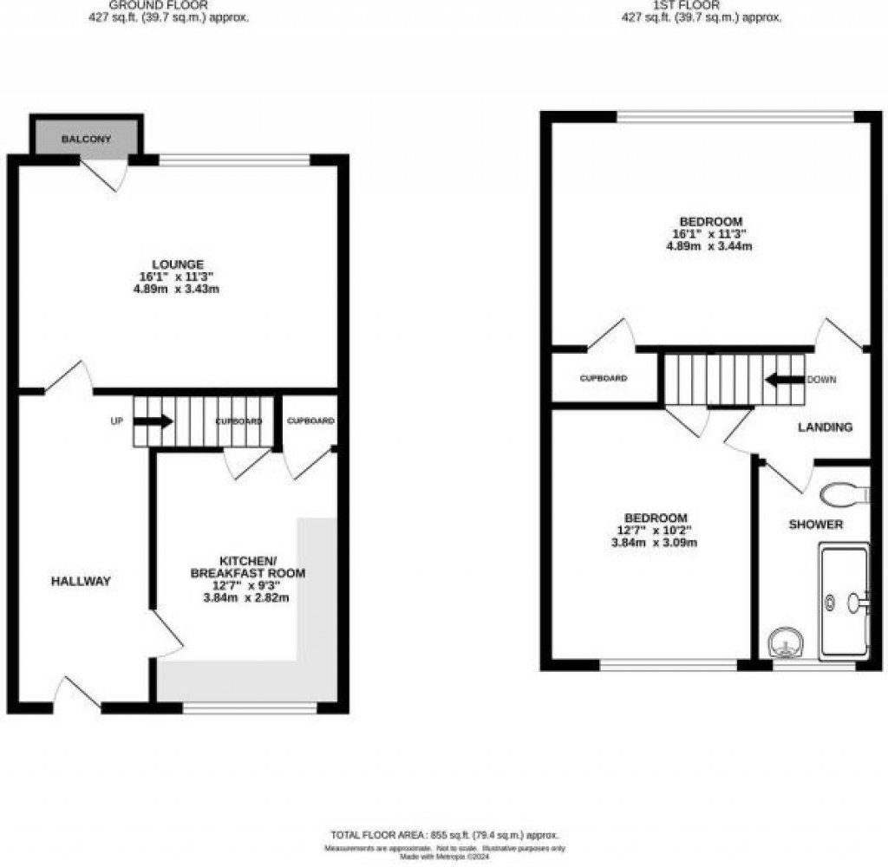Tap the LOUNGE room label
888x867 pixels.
tap(177, 264)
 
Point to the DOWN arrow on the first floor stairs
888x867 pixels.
tap(784, 380)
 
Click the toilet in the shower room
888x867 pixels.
tap(843, 494)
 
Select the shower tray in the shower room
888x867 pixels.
tap(843, 601)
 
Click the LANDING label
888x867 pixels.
tap(825, 427)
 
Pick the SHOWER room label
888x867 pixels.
tap(815, 525)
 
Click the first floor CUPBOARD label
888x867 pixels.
tap(604, 379)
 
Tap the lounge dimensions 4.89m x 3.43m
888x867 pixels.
tap(177, 290)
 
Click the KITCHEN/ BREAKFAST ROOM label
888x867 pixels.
tap(247, 566)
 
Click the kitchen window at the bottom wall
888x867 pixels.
tap(250, 708)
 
